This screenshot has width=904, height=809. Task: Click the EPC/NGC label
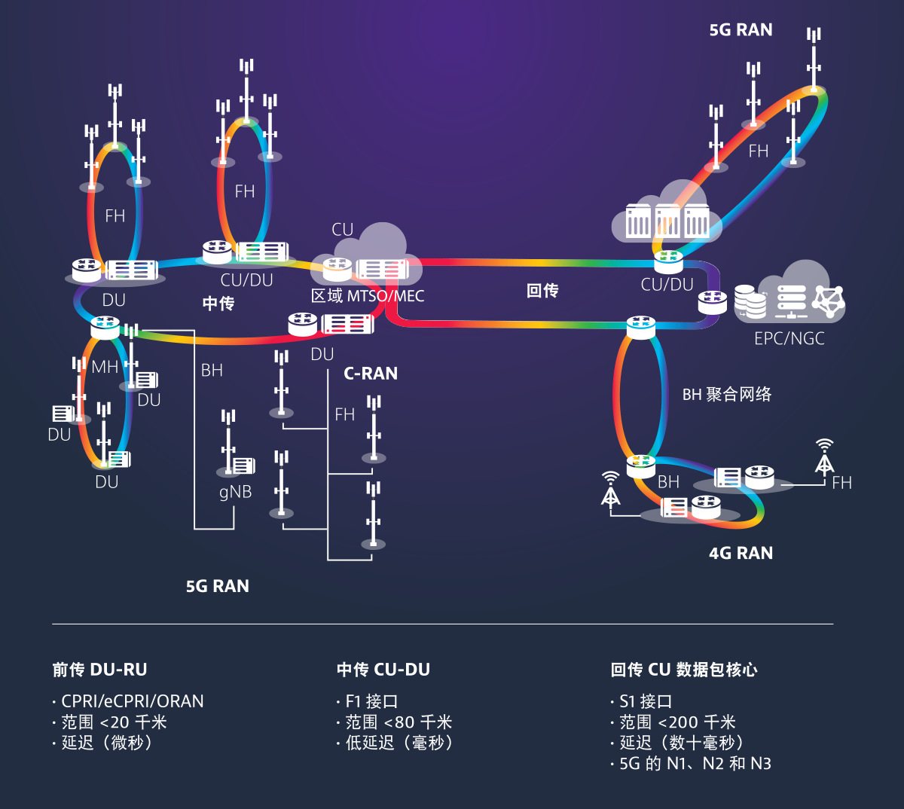coord(789,338)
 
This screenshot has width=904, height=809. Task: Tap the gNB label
coord(235,492)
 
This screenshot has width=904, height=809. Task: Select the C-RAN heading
coord(371,374)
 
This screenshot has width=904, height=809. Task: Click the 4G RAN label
coord(741,553)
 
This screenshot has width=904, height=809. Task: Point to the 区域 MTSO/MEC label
coord(368,296)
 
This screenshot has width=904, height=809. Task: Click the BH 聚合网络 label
coord(727,394)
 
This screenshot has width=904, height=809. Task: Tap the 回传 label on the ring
coord(542,291)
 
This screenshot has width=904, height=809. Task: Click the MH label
coord(105,367)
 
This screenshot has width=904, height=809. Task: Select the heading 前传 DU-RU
coord(99,669)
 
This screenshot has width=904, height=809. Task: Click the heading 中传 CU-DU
coord(383,669)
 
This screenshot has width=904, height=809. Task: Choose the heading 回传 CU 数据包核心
coord(684,669)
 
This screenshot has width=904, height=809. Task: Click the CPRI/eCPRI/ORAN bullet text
coord(132,701)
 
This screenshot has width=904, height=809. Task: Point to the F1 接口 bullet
coord(371,701)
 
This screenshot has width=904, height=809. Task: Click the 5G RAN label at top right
coord(741,30)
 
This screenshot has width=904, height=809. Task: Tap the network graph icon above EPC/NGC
coord(829,301)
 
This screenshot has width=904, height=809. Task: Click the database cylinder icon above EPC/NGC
coord(750,301)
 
